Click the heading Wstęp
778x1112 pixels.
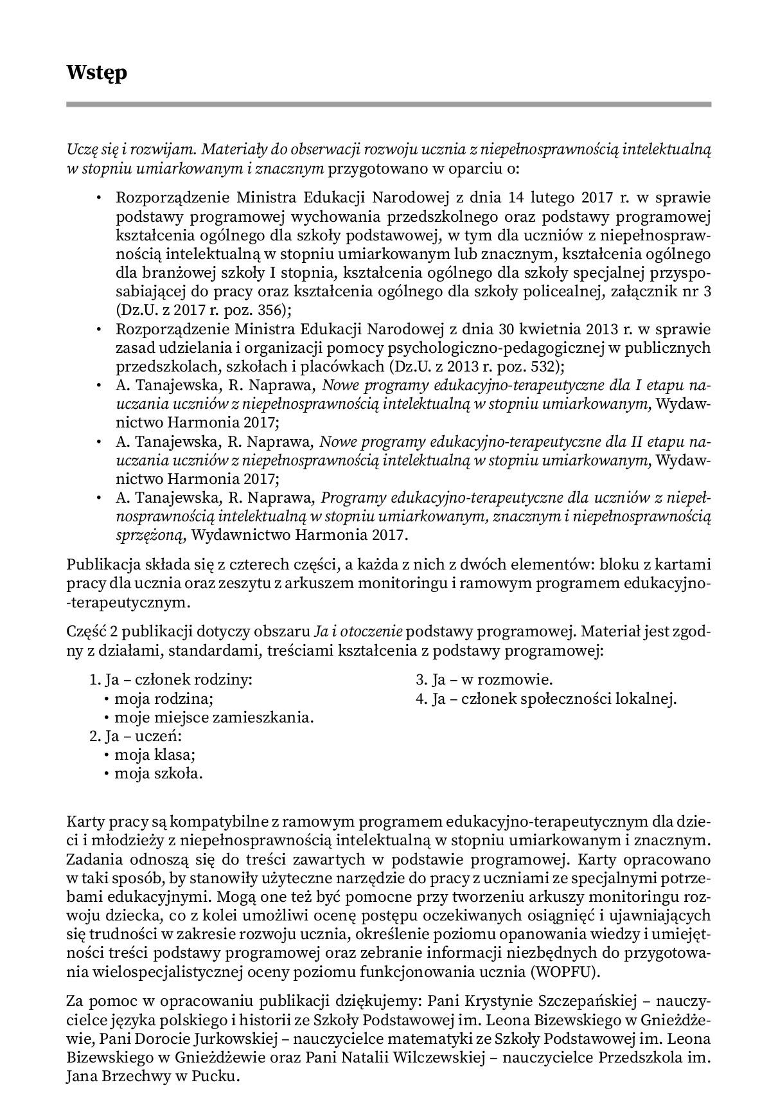[96, 73]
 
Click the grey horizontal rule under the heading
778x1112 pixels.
[389, 104]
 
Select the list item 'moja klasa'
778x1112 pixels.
[154, 755]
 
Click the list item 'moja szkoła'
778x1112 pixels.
[158, 774]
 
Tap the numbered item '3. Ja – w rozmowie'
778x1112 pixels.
[484, 680]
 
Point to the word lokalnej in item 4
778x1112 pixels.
[645, 699]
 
